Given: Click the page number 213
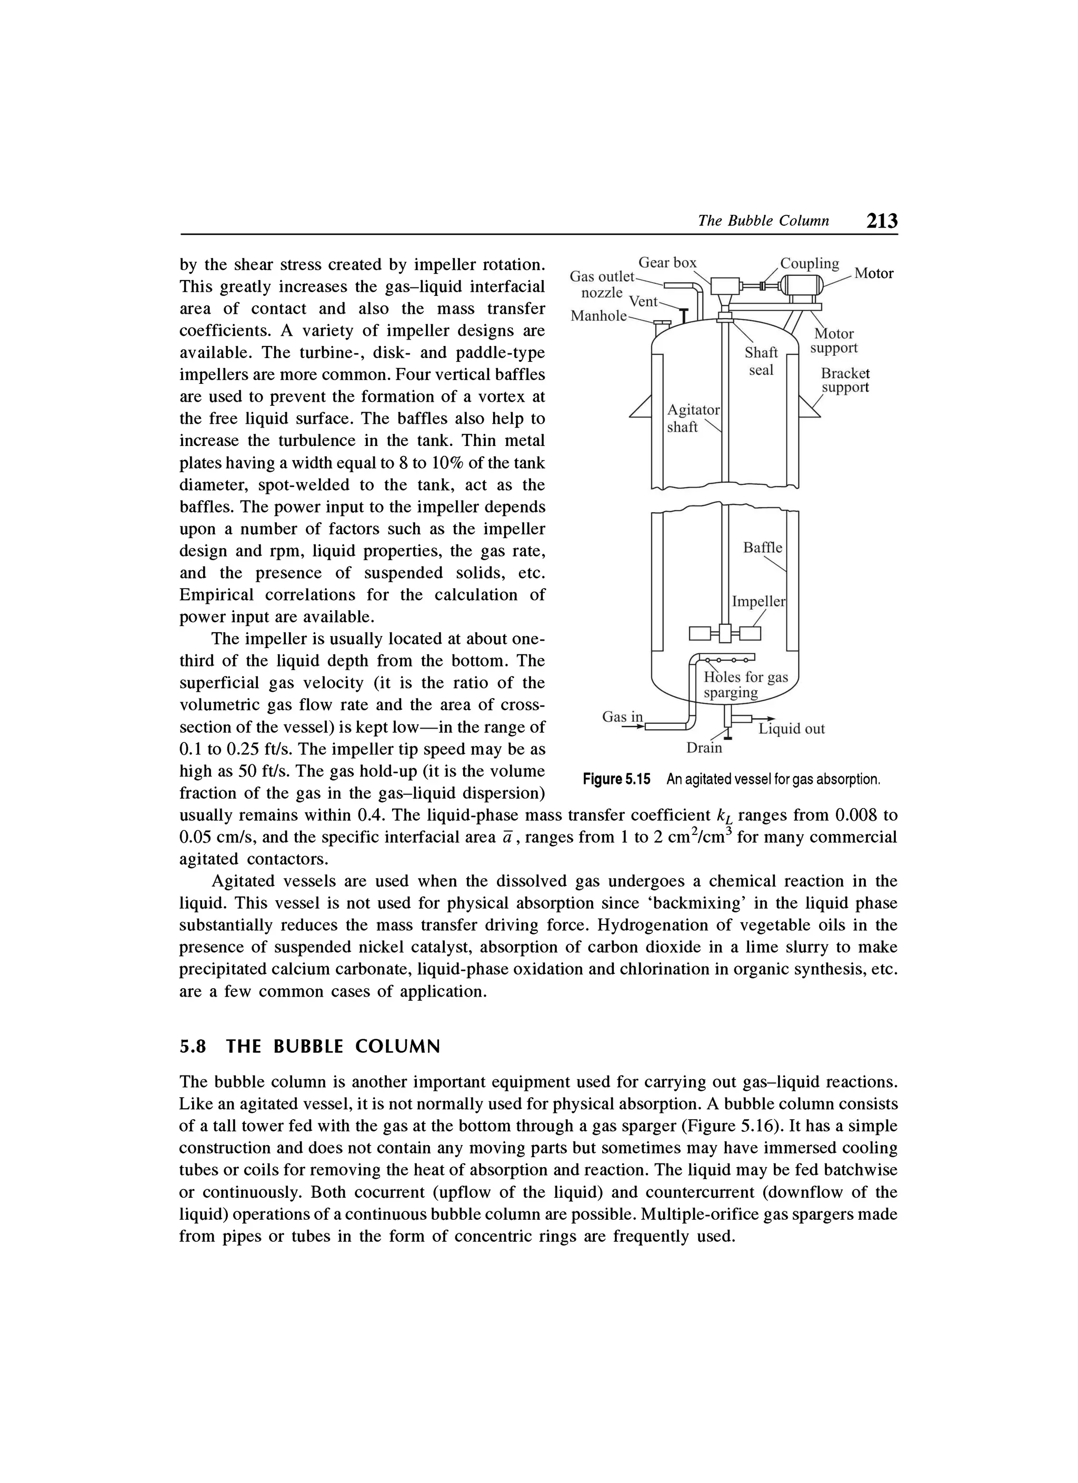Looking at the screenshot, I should pos(881,221).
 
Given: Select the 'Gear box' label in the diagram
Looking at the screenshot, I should pos(667,263).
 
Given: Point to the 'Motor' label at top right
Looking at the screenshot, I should pos(873,274).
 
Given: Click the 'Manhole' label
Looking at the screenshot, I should pos(598,316).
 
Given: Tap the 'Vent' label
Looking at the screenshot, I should pos(643,302).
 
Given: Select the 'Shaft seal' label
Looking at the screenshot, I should pos(761,362).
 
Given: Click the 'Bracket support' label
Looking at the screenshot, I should pos(845,381).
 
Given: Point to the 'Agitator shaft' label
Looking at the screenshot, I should pos(692,419).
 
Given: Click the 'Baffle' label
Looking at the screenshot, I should pos(762,548).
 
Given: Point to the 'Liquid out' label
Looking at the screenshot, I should pos(791,729).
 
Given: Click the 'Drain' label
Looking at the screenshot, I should pos(704,748).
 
